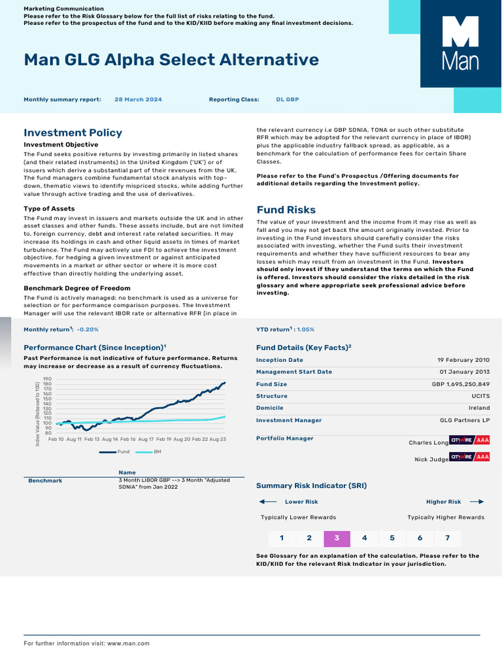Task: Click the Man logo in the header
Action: [460, 53]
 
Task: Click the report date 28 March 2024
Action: [138, 100]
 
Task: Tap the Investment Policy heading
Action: [73, 133]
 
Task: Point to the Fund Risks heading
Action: [286, 210]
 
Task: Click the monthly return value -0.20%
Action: [88, 330]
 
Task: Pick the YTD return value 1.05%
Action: [306, 330]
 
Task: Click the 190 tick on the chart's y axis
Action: [47, 379]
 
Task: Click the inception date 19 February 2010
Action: [463, 360]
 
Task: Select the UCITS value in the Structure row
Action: [478, 396]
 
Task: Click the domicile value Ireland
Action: [478, 408]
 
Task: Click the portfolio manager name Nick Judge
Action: [430, 459]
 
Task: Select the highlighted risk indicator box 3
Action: [337, 538]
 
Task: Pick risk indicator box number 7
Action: [447, 538]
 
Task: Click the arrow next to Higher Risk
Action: [477, 502]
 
